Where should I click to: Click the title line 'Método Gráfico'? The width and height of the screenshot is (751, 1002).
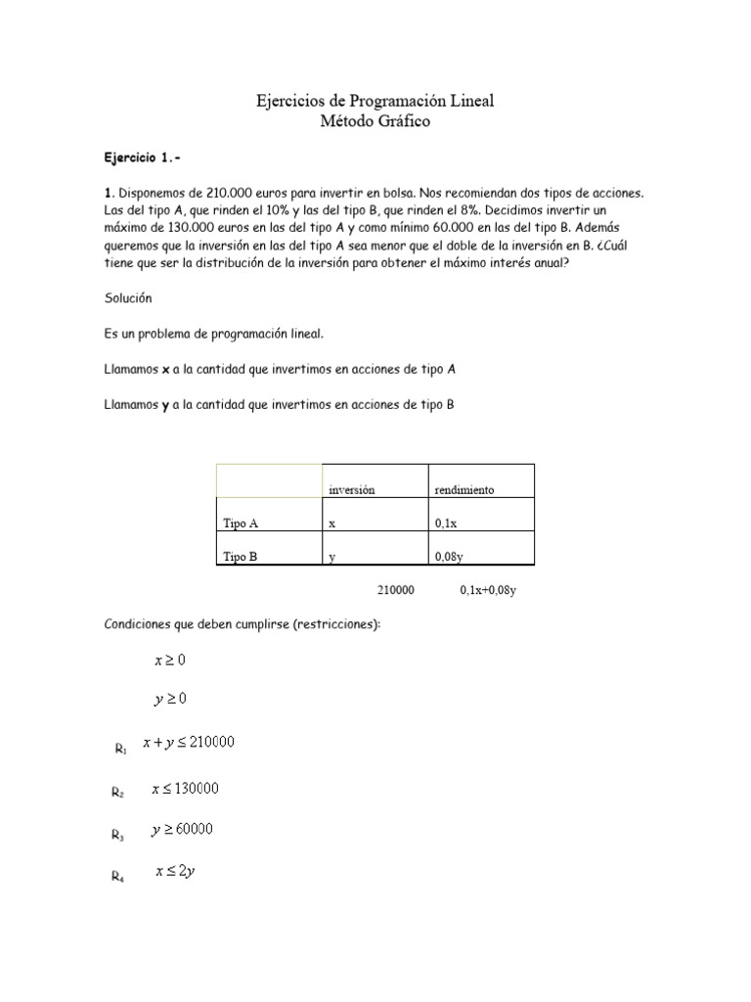pyautogui.click(x=375, y=121)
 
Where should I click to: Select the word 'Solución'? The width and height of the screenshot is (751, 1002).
pyautogui.click(x=128, y=297)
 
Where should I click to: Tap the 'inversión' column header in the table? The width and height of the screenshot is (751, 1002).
pyautogui.click(x=352, y=489)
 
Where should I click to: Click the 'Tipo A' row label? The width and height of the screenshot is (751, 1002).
pyautogui.click(x=241, y=524)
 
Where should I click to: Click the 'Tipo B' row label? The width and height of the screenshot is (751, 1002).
pyautogui.click(x=241, y=557)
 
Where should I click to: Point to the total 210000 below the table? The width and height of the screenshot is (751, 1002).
pyautogui.click(x=395, y=590)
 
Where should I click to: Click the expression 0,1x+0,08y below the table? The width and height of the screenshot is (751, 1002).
pyautogui.click(x=487, y=590)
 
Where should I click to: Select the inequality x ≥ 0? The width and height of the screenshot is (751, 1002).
pyautogui.click(x=170, y=660)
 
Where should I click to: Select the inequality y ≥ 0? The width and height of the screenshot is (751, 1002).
pyautogui.click(x=170, y=700)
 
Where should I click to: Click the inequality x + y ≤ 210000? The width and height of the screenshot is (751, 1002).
pyautogui.click(x=189, y=743)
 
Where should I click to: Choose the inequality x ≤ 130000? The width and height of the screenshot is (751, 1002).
pyautogui.click(x=185, y=788)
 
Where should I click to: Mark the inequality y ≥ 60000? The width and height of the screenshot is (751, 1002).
pyautogui.click(x=183, y=830)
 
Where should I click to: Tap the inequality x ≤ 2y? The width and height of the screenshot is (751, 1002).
pyautogui.click(x=176, y=872)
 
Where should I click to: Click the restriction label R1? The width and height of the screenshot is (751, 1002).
pyautogui.click(x=120, y=750)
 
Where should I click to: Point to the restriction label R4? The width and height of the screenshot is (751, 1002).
pyautogui.click(x=118, y=878)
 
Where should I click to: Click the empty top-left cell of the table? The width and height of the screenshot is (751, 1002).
pyautogui.click(x=268, y=480)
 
